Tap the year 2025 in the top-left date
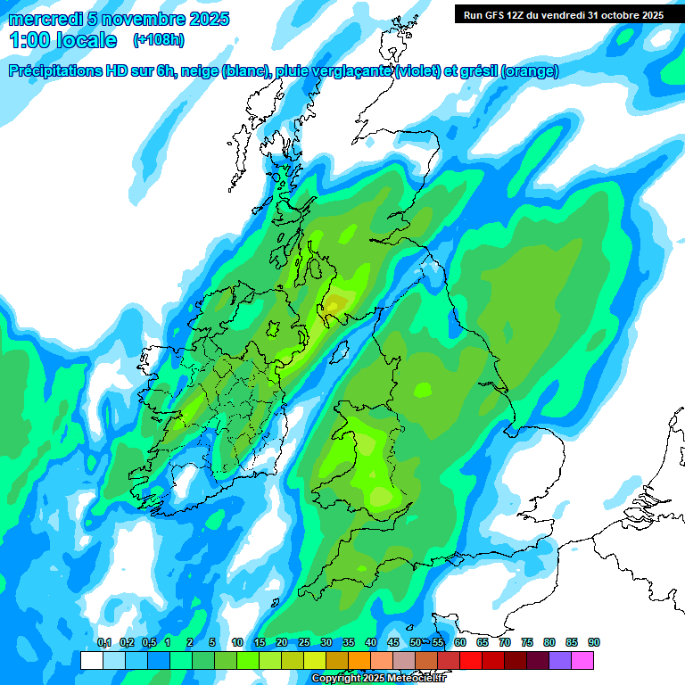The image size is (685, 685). pos(208,19)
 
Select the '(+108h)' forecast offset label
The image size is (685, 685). pos(159,40)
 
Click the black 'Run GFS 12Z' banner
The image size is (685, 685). pos(563,14)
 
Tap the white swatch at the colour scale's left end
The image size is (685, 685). pos(91,660)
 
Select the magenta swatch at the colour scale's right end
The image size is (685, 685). pos(583,660)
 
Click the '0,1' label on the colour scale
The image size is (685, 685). pos(103,642)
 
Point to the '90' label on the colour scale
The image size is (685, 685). pos(593,642)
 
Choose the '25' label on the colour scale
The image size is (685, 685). pos(304,642)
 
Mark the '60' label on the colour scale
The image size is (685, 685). pos(460,642)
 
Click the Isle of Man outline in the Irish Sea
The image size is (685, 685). pos(339,350)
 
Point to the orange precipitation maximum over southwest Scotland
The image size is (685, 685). pos(334,304)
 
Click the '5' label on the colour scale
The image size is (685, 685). pos(212,642)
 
